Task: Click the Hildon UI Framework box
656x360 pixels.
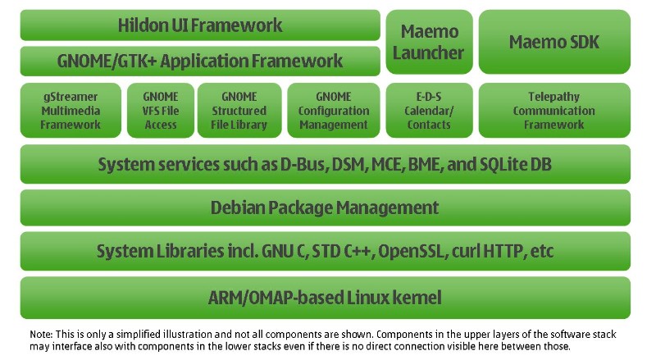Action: coord(200,25)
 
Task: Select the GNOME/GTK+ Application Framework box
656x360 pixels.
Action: coord(200,61)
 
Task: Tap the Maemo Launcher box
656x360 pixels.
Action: coord(429,42)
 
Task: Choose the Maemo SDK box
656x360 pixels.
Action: coord(554,42)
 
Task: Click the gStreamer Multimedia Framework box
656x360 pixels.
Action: coord(71,111)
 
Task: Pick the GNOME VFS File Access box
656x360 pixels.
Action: coord(161,111)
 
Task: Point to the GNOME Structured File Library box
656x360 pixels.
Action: coord(239,111)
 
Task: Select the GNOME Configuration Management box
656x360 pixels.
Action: coord(333,111)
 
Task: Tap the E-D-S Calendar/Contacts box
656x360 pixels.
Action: coord(429,111)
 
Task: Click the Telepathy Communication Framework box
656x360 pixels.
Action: coord(554,111)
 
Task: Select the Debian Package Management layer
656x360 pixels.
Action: coord(325,208)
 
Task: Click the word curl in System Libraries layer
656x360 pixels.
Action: coord(467,252)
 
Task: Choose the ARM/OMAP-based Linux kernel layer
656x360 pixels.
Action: coord(325,297)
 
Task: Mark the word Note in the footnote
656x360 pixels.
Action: coord(40,335)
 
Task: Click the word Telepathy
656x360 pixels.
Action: coord(554,97)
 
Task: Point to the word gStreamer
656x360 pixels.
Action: coord(71,97)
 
